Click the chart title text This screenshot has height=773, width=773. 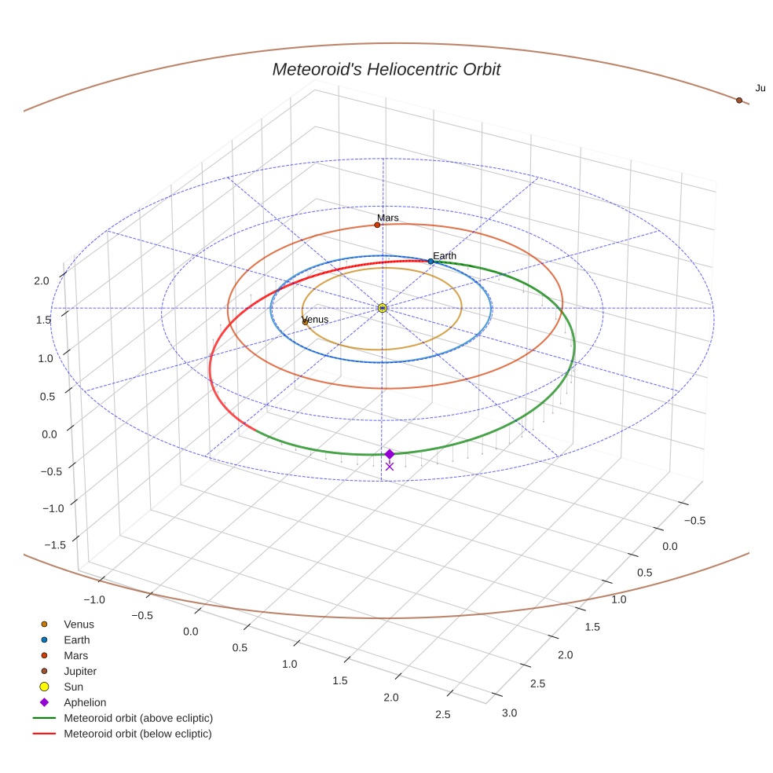coord(386,70)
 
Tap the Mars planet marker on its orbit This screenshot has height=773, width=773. coord(377,225)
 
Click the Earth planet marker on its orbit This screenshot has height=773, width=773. coord(430,262)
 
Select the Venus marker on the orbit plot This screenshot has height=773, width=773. coord(305,322)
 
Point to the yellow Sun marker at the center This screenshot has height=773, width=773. coord(383,308)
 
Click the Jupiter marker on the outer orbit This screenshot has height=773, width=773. coord(738,101)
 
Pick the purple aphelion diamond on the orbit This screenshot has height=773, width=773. coord(389,454)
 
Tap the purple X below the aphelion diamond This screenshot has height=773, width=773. coord(389,466)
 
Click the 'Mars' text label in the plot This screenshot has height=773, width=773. coord(387,218)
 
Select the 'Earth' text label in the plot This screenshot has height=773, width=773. coord(445,256)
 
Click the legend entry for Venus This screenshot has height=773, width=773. coord(79,625)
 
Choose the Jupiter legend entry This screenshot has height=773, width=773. coord(80,672)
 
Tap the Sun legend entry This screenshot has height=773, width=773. coord(75,687)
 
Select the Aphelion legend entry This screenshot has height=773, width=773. coord(85,702)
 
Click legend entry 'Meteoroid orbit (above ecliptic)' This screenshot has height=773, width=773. coord(138,718)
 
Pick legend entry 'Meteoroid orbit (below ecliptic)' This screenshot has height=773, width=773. coord(137,734)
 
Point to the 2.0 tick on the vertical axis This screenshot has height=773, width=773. coord(42,280)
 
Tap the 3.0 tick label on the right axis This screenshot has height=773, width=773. coord(510,713)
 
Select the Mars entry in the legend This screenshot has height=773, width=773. coord(75,656)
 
